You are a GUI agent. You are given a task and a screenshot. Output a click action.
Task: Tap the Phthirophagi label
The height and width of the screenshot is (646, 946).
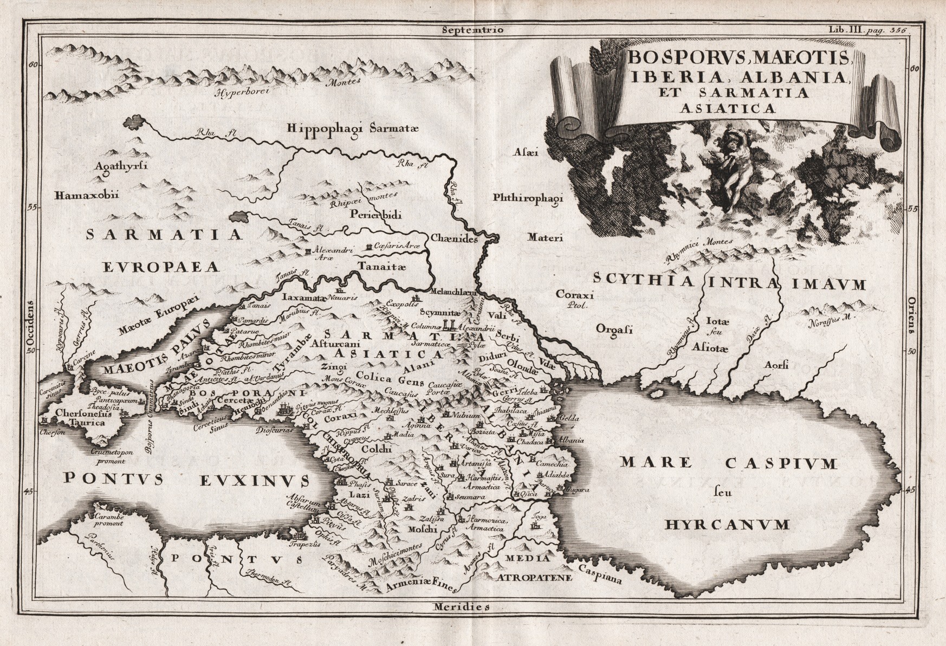(x=528, y=198)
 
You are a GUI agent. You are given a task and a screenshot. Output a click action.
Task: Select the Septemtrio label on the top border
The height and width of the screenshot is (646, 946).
(x=472, y=30)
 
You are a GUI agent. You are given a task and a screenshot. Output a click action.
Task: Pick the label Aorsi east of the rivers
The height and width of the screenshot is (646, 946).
(x=776, y=364)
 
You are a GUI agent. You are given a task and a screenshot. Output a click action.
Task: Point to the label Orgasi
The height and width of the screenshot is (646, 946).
(x=614, y=328)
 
